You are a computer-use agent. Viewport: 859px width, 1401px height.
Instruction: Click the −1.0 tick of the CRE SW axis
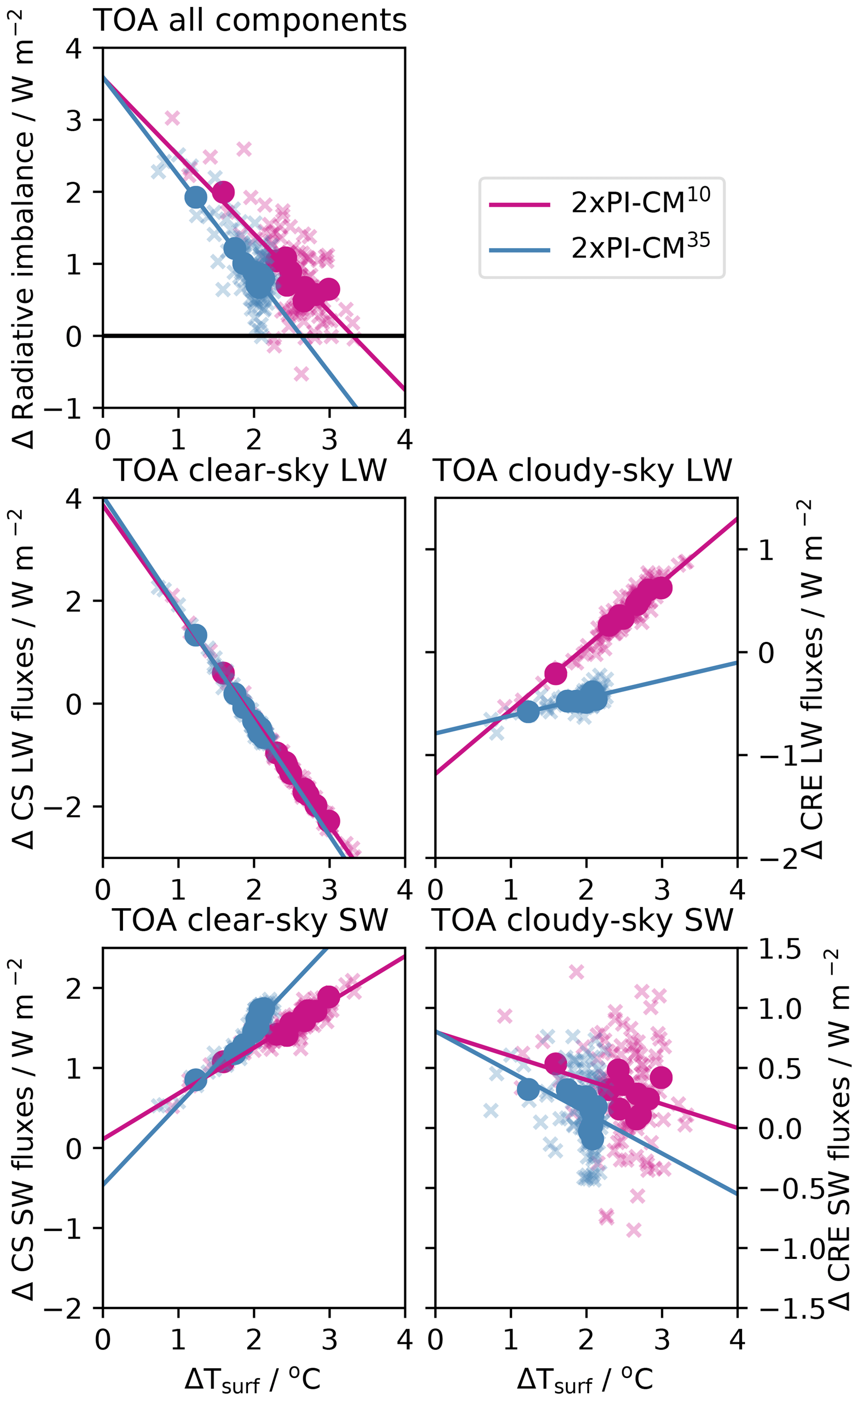[x=779, y=1248]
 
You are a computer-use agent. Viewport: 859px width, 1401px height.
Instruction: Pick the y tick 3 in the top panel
[x=74, y=120]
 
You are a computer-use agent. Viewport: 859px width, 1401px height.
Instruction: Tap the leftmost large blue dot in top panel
[x=195, y=197]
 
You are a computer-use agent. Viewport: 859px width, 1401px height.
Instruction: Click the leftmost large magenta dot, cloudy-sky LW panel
[x=556, y=673]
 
